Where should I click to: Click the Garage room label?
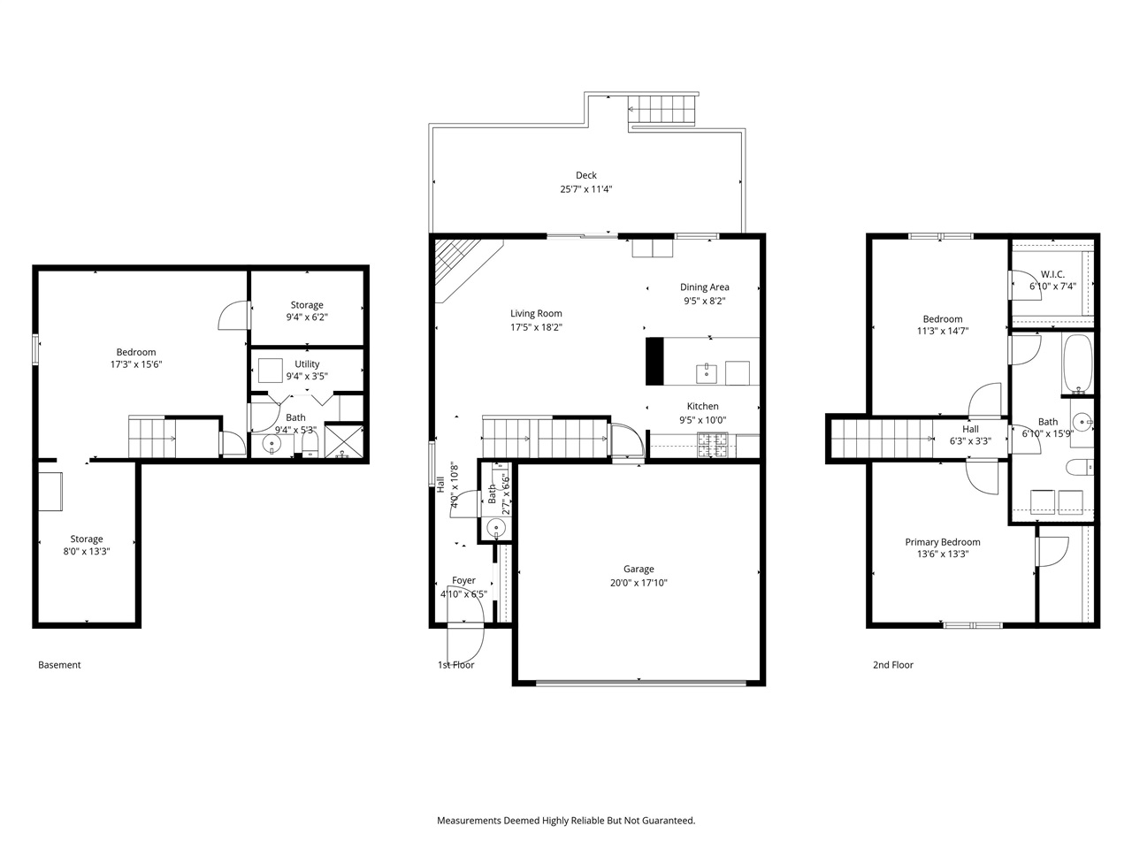(x=639, y=570)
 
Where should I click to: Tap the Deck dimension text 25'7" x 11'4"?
(x=585, y=189)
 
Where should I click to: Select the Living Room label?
(x=536, y=313)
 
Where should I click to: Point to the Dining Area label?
(x=704, y=287)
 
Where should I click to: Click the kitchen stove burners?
(x=713, y=445)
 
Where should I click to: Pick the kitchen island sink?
(x=707, y=373)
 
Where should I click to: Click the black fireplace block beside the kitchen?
(x=654, y=361)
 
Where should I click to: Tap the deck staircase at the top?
(x=662, y=111)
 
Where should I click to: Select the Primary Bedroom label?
(x=942, y=542)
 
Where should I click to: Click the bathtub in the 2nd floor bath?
(x=1078, y=363)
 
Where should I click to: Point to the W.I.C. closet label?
(x=1052, y=274)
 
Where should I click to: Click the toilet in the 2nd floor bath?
(x=1080, y=467)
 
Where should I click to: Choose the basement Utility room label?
(x=307, y=364)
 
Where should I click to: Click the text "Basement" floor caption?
(x=59, y=665)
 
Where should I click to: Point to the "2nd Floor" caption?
(x=892, y=665)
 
